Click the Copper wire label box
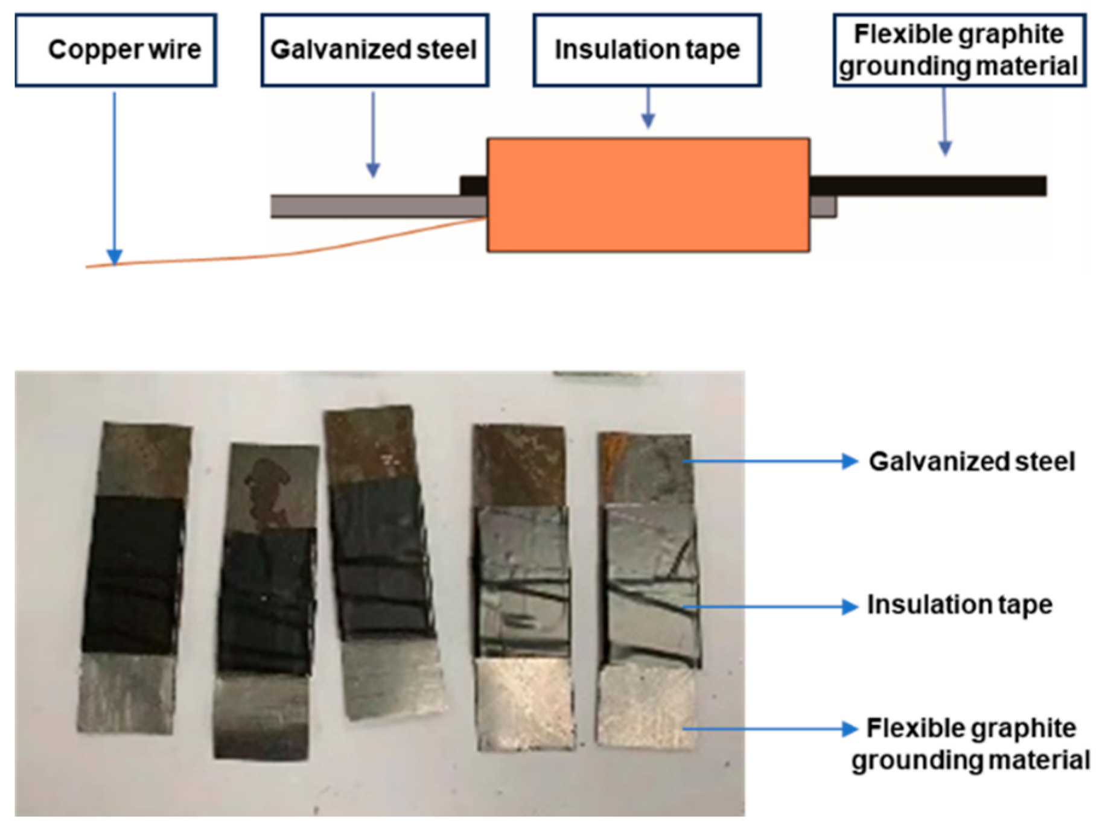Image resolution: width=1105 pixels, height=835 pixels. coord(116,50)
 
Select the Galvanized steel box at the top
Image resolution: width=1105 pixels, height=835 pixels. coord(374,50)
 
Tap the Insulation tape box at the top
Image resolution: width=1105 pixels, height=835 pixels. coord(646,50)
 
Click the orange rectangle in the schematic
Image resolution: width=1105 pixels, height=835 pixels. coord(648,195)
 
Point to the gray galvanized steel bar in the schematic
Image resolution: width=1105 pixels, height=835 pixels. coord(374,206)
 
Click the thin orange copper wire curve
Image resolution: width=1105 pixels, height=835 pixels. coord(272,255)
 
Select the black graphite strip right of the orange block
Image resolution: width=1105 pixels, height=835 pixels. coord(929,185)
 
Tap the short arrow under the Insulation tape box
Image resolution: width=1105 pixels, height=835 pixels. coord(648,109)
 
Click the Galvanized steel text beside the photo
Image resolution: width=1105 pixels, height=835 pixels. coord(972,462)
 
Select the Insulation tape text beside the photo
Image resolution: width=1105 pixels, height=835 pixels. coord(960,605)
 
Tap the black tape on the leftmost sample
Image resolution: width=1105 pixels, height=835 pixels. coord(133,573)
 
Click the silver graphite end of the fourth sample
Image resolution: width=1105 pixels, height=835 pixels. coord(524,703)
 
